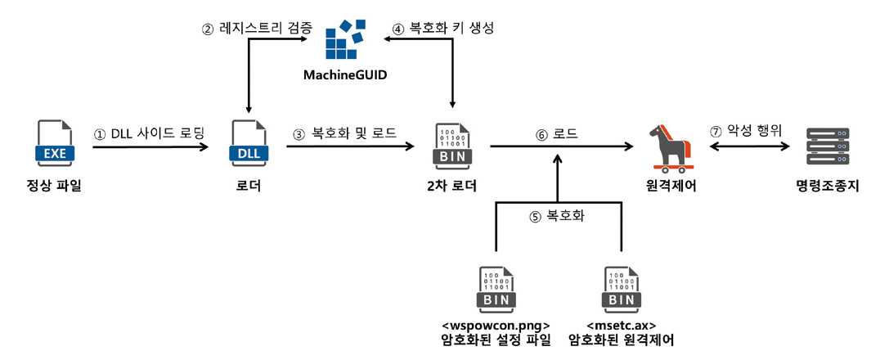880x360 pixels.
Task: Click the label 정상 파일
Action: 54,187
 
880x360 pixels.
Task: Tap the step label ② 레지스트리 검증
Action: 257,28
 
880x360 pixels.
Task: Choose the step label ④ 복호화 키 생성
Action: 443,28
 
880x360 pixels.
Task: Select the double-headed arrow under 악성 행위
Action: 749,147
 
